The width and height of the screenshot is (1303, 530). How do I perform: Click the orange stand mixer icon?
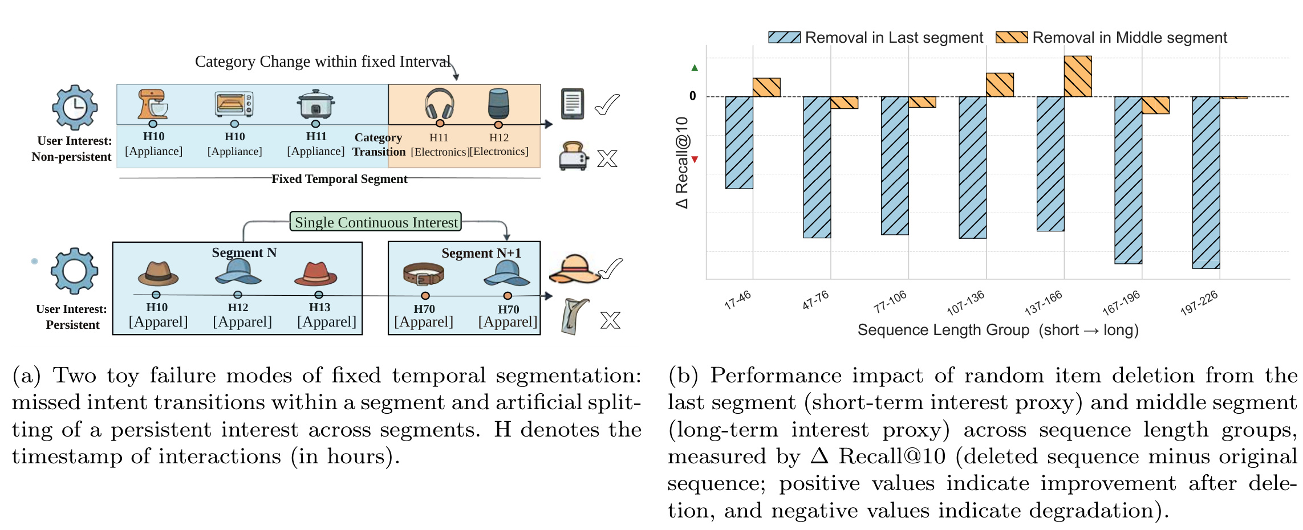point(153,104)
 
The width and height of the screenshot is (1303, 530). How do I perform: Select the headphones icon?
point(440,104)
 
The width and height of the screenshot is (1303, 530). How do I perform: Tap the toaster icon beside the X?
point(573,156)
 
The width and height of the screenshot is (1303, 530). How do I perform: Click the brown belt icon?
point(423,274)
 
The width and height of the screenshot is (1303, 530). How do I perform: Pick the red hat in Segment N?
point(316,274)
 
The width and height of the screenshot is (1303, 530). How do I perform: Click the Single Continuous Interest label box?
point(376,222)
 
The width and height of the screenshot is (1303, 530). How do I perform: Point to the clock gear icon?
point(75,108)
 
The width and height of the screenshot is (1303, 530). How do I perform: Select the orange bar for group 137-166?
point(1078,76)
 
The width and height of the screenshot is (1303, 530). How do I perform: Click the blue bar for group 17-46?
point(739,142)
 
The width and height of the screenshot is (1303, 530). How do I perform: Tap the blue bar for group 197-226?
point(1206,182)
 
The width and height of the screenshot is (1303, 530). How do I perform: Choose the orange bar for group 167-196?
point(1155,105)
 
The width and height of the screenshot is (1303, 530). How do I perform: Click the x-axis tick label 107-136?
point(966,303)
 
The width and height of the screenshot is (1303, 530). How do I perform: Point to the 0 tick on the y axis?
point(693,96)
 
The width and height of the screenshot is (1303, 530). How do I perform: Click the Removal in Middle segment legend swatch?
point(1012,38)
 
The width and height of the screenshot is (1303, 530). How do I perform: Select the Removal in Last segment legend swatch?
point(784,38)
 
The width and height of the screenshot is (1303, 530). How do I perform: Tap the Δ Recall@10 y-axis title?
point(682,162)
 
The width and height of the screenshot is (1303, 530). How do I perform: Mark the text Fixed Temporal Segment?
point(339,179)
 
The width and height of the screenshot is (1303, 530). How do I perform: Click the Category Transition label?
point(379,145)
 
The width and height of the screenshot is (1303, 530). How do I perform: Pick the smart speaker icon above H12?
point(498,103)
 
